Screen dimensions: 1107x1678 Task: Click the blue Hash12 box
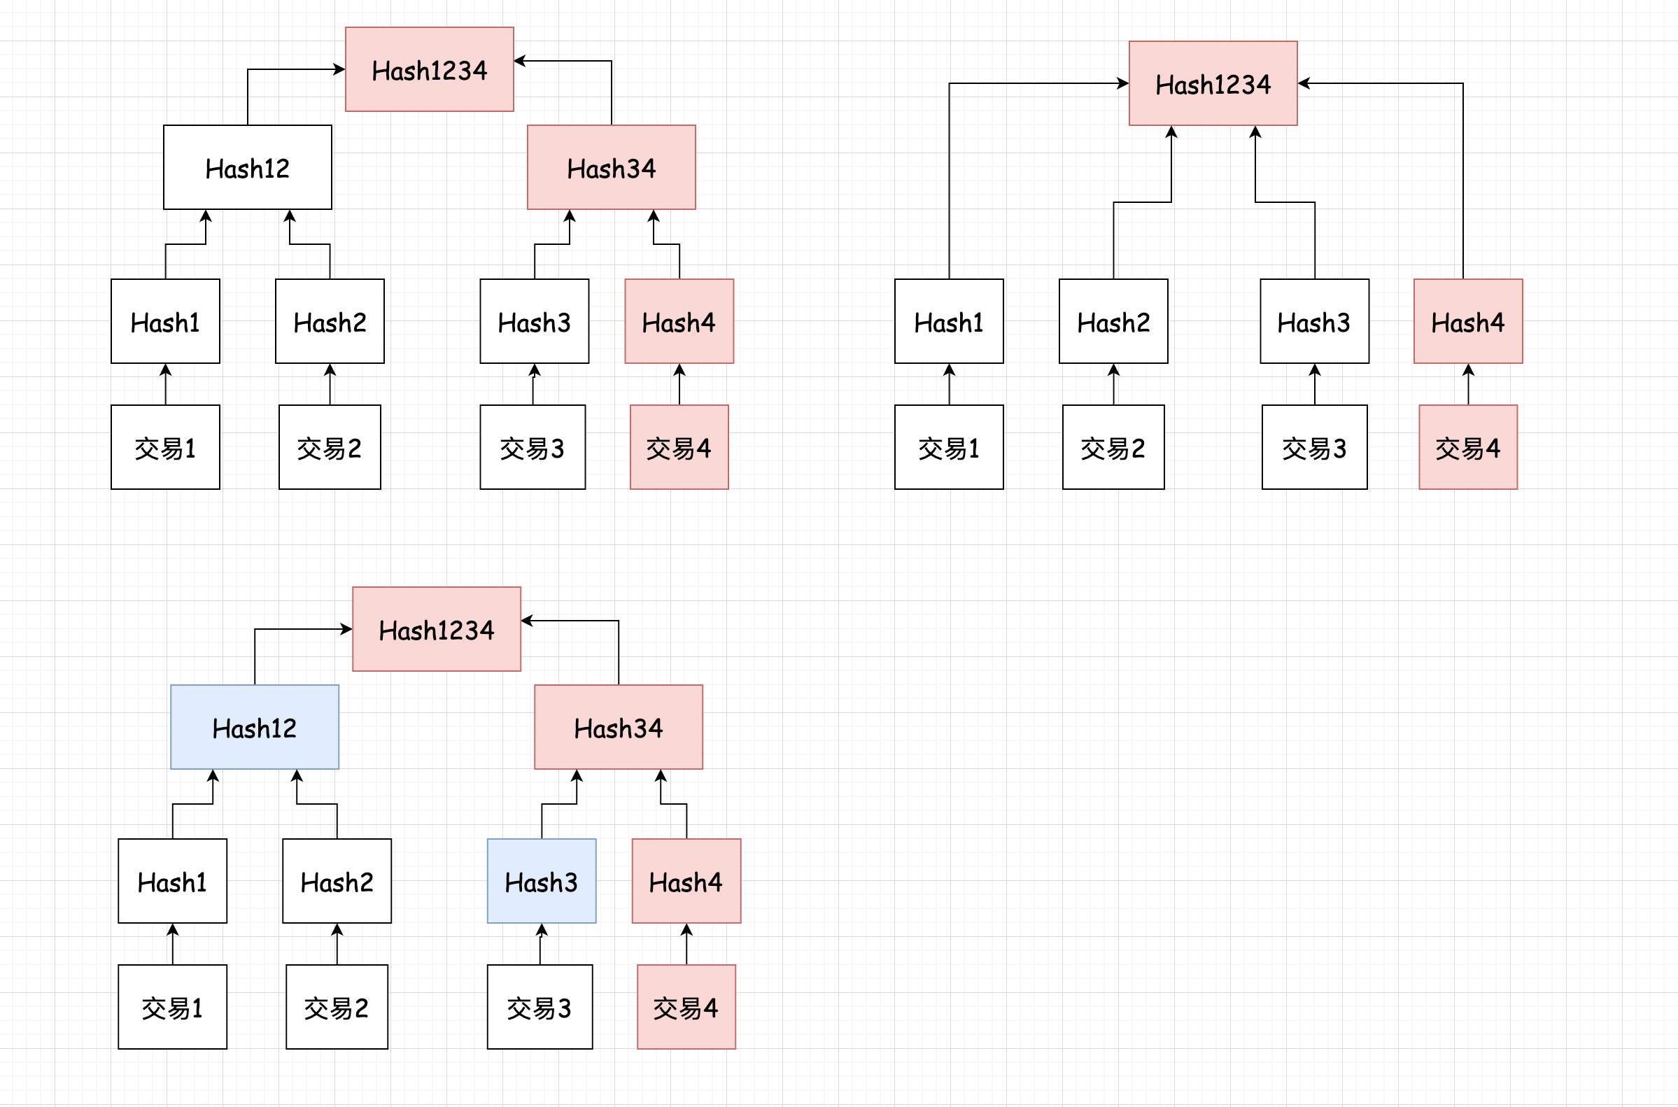(x=254, y=726)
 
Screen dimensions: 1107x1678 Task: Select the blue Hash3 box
(x=542, y=880)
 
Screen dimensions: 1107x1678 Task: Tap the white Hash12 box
(x=247, y=167)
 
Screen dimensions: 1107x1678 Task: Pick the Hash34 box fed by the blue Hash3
(x=619, y=726)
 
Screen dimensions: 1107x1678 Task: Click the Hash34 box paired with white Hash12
(x=612, y=167)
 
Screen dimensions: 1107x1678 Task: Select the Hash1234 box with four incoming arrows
(x=1213, y=83)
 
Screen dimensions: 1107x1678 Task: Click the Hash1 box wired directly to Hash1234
(x=949, y=321)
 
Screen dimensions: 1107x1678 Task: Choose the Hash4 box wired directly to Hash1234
(x=1467, y=321)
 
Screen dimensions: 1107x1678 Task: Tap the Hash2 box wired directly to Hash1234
(x=1113, y=321)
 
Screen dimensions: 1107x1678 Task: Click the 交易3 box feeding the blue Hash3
(x=540, y=1007)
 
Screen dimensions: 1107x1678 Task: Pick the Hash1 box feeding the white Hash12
(x=165, y=321)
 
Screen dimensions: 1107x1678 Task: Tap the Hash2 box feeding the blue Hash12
(x=337, y=880)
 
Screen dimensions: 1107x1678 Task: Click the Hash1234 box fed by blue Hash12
(x=436, y=629)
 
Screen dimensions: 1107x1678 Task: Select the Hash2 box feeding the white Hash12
(x=330, y=321)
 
